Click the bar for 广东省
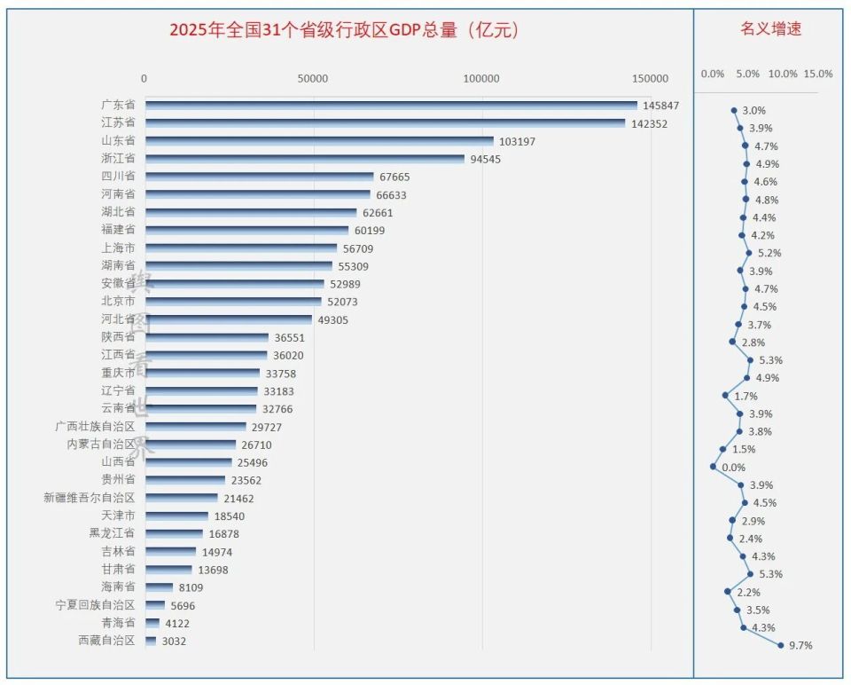coord(390,105)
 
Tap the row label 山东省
coord(118,140)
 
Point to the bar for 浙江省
coord(304,159)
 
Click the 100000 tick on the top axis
coord(482,79)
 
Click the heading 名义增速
coord(771,28)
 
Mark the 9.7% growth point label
coord(800,645)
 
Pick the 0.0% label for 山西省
coord(733,467)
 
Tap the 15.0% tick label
coord(817,74)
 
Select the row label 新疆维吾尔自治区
coord(90,498)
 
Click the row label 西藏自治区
coord(107,641)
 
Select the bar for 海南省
coord(159,587)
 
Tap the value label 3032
coord(174,641)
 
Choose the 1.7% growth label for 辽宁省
coord(746,396)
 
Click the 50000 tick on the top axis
coord(313,79)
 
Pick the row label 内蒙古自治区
coord(101,444)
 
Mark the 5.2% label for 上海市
coord(769,253)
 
